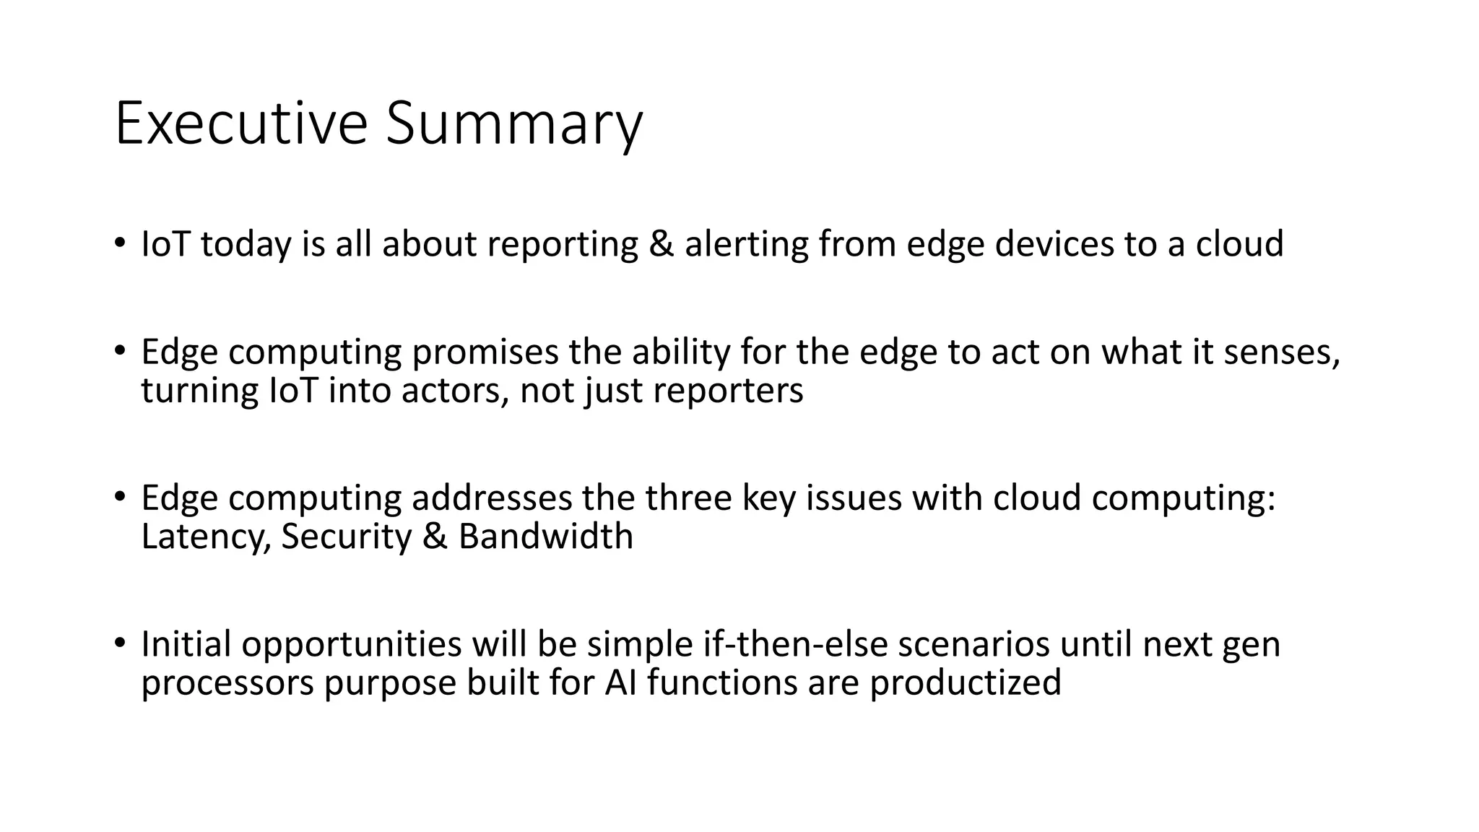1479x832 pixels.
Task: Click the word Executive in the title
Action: click(x=241, y=124)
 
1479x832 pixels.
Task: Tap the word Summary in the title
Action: click(x=513, y=124)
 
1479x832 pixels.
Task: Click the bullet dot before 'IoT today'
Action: click(x=119, y=241)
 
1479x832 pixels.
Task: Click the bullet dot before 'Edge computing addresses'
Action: click(x=119, y=495)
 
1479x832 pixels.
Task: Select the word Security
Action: click(x=346, y=537)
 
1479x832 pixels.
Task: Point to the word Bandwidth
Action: click(x=545, y=537)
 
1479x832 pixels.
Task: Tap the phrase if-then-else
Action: click(x=795, y=644)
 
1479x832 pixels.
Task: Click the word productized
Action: click(x=966, y=682)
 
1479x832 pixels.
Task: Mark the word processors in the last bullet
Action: click(x=227, y=682)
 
